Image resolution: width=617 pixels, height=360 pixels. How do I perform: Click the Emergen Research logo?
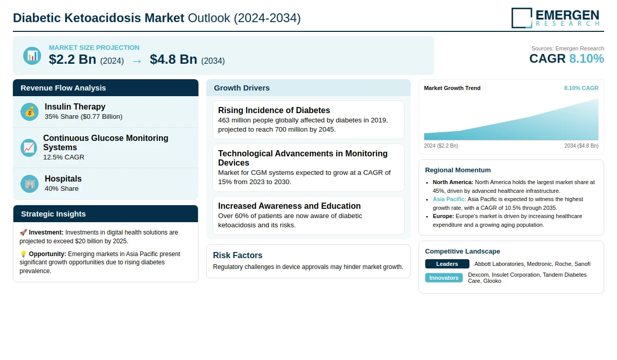coord(555,17)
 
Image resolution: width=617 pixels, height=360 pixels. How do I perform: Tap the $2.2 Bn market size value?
coord(72,60)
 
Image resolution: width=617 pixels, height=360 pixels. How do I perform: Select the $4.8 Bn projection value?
coord(173,60)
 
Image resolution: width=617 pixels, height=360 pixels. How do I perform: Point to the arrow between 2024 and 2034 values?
coord(137,61)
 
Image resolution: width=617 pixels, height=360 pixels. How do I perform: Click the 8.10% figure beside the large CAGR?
coord(586,59)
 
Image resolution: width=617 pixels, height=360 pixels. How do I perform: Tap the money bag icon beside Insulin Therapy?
coord(30,112)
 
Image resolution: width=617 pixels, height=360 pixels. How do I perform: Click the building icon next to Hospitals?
coord(30,184)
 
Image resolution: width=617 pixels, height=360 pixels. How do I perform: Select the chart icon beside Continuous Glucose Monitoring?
coord(29,148)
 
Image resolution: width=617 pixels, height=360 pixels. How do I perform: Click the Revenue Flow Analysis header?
coord(63,88)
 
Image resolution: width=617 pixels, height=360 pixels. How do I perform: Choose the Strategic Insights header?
coord(53,214)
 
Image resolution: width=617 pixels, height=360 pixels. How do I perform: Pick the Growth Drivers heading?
coord(242,88)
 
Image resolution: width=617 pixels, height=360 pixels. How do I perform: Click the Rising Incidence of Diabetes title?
coord(274,110)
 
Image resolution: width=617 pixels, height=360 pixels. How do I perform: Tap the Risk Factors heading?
coord(238,255)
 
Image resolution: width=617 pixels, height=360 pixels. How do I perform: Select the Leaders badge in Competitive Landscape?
coord(447,264)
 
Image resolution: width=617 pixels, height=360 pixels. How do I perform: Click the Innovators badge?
coord(444,278)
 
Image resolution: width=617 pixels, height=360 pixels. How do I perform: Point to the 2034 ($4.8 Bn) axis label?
coord(581,146)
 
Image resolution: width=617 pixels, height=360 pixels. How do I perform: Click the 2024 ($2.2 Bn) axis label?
coord(441,146)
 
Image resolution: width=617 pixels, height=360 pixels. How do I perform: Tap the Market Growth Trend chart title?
coord(452,88)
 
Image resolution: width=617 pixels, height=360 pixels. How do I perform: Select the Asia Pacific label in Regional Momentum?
coord(449,199)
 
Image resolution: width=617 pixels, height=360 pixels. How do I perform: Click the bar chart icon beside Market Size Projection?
coord(32,56)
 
